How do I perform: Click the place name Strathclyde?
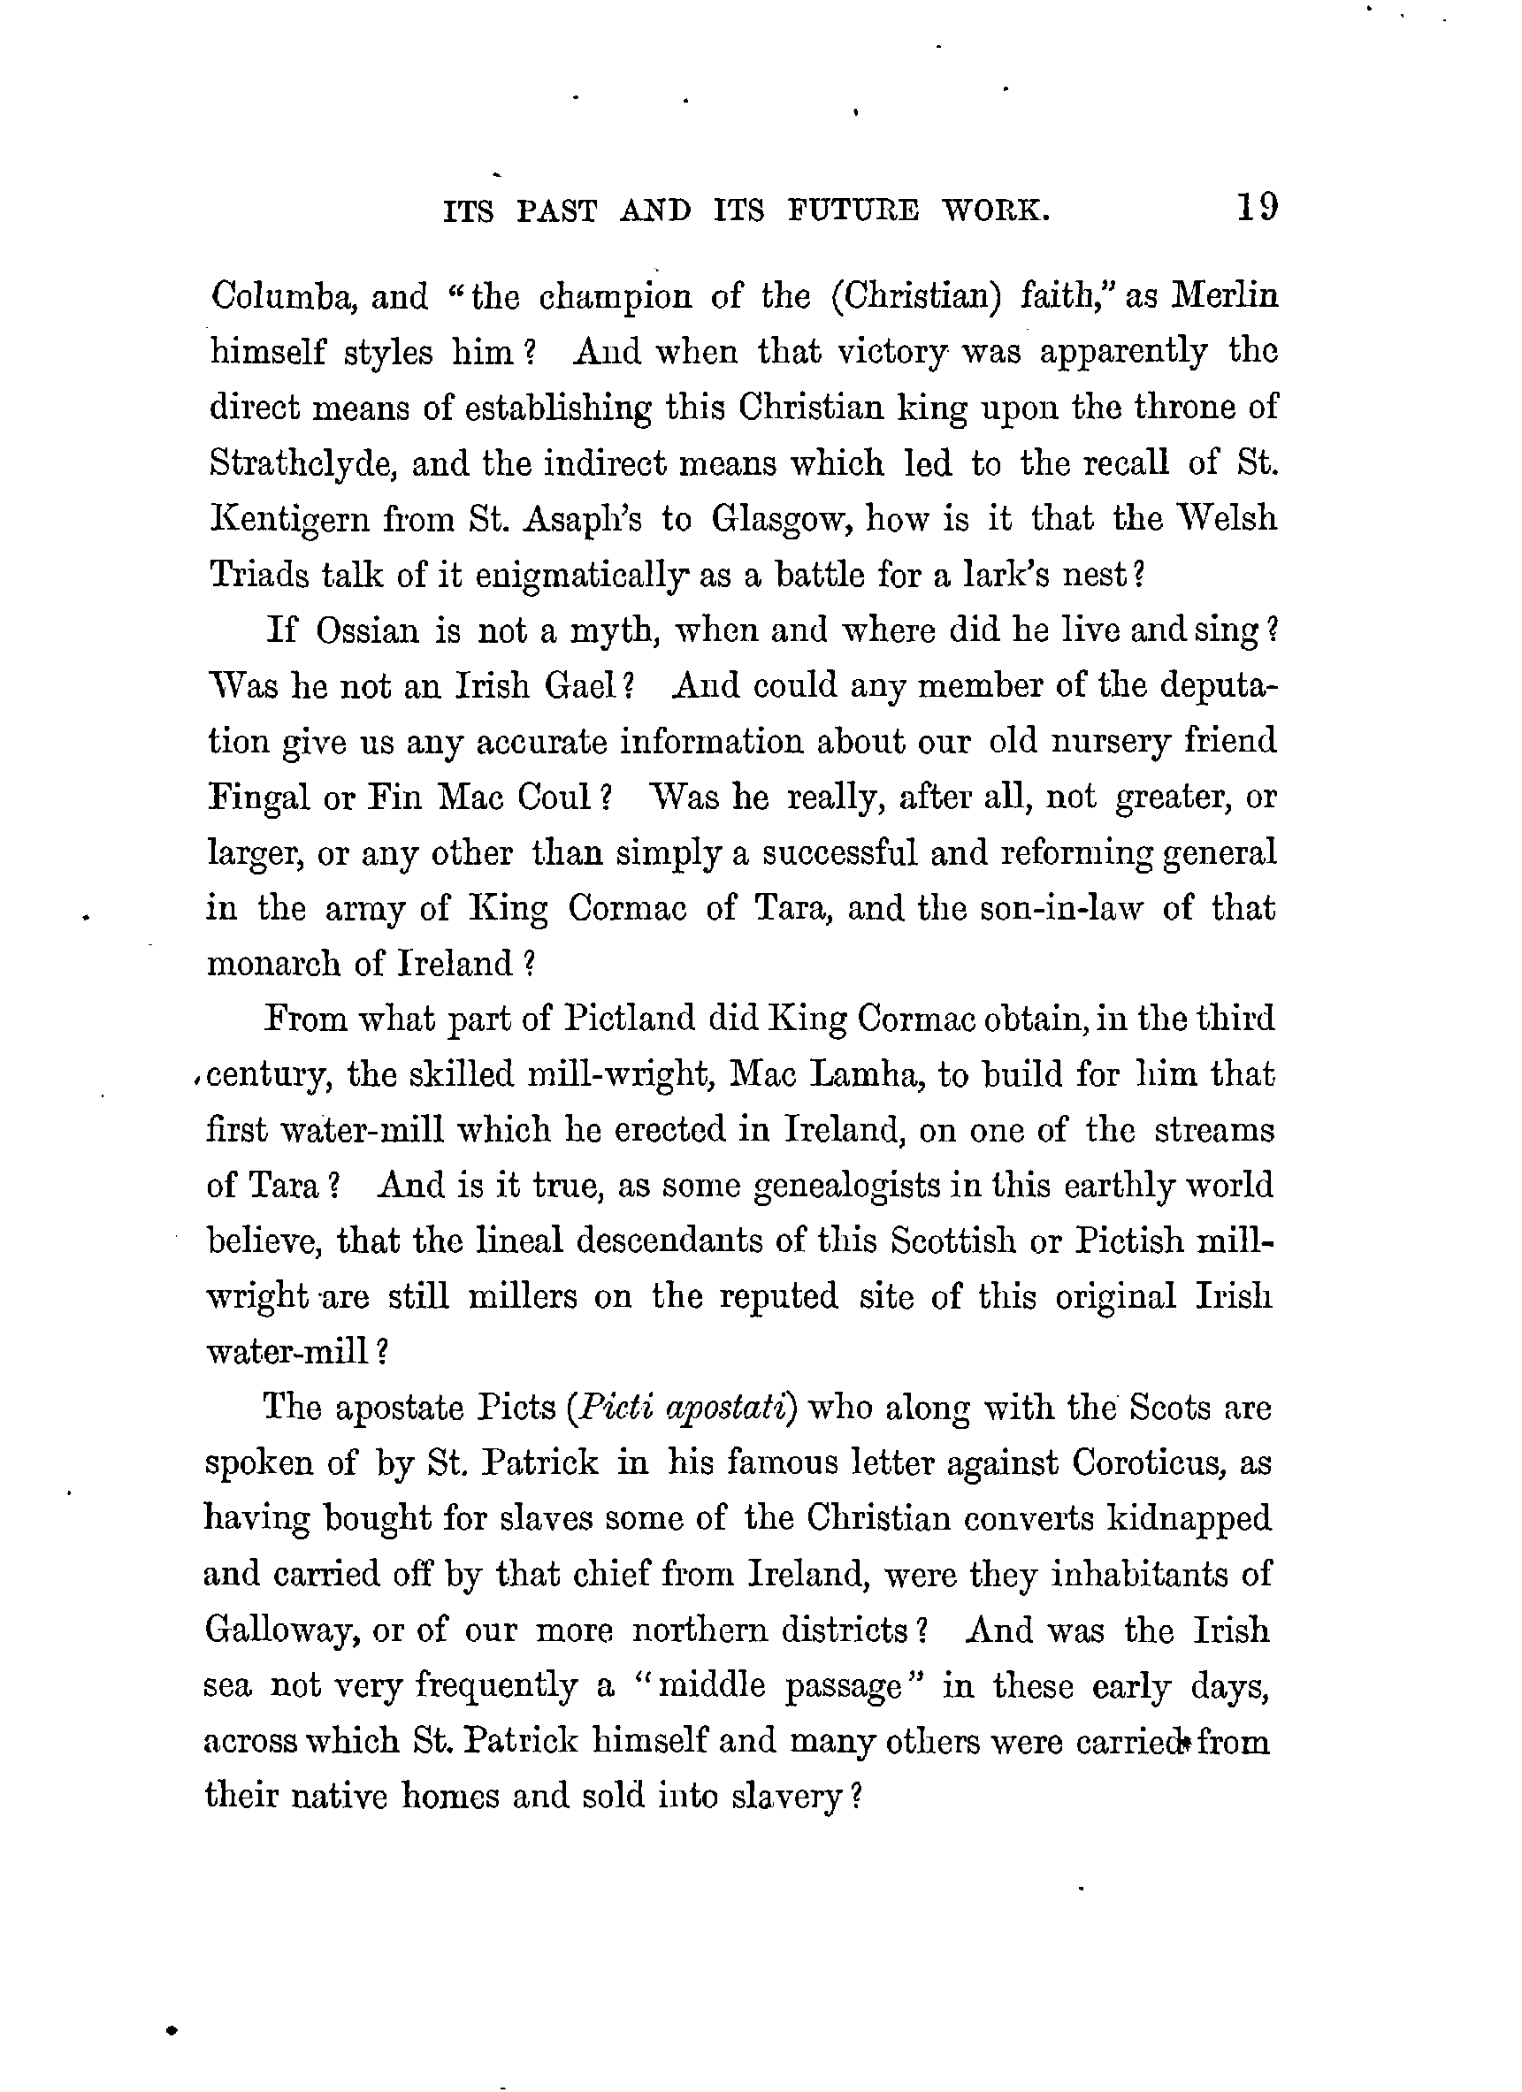pos(302,464)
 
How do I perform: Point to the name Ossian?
pos(368,631)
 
